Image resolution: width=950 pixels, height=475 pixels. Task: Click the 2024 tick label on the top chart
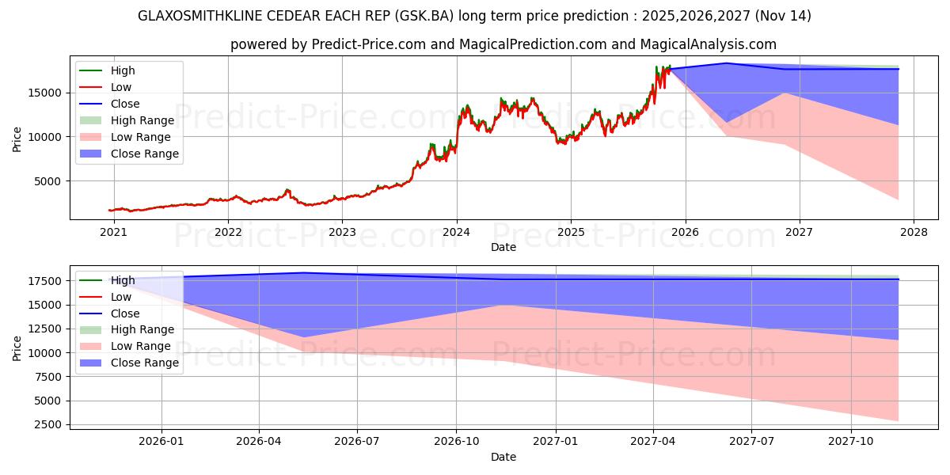tap(456, 232)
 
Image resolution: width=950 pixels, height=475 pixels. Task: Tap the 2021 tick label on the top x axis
tap(113, 232)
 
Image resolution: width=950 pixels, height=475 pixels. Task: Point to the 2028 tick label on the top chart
tap(913, 232)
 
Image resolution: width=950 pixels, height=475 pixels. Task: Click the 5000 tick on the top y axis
tap(49, 181)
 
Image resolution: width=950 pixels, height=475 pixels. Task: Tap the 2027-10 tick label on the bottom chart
tap(851, 441)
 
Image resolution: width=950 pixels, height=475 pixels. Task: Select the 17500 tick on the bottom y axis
tap(46, 281)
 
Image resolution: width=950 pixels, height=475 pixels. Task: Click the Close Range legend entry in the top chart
tap(144, 154)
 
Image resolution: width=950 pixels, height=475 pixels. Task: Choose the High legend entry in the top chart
tap(123, 70)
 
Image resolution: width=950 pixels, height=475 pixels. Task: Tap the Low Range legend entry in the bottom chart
tap(140, 346)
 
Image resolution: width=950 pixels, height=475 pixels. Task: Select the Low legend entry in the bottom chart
tap(121, 297)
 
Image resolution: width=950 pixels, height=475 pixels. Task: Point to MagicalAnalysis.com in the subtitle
tap(709, 44)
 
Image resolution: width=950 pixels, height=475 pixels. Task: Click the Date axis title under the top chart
tap(503, 247)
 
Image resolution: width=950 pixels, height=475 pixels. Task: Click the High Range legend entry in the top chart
tap(142, 120)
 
